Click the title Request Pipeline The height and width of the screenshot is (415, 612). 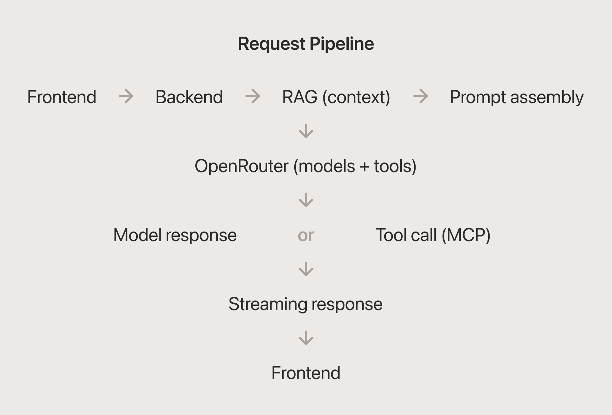[306, 44]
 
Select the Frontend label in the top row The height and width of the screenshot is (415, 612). [62, 97]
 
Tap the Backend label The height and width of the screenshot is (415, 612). [189, 97]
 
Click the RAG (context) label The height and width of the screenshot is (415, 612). [336, 97]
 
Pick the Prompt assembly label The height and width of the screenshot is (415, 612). [517, 97]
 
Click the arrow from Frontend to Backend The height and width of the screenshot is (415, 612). [126, 96]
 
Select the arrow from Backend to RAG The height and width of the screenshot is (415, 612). [253, 96]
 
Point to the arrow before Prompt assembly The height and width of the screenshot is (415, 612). [421, 96]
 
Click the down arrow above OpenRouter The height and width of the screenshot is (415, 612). [306, 131]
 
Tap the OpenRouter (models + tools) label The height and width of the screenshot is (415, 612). [306, 166]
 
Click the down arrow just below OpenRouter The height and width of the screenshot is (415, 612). [306, 200]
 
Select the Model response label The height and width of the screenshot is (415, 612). [175, 235]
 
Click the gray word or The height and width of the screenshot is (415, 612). [306, 235]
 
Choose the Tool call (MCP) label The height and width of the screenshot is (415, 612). [433, 235]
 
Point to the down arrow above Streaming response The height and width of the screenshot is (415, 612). [306, 269]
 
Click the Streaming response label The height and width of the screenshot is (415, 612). [306, 304]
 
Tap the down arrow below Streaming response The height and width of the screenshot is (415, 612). [306, 338]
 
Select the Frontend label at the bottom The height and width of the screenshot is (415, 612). [306, 373]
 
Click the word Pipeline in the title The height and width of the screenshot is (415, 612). [342, 44]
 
